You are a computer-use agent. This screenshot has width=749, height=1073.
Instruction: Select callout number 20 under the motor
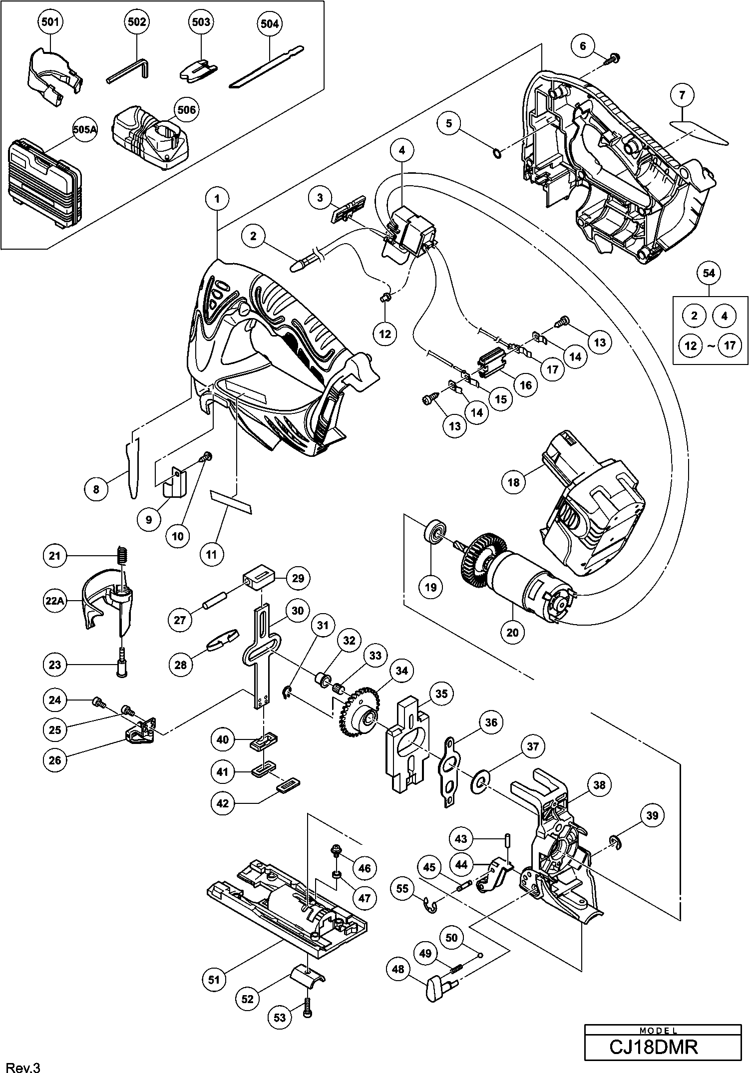512,632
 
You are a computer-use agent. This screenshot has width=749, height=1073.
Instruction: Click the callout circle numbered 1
217,198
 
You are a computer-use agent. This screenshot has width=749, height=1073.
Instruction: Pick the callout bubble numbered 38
599,785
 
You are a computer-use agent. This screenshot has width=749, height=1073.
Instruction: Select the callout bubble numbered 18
513,482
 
